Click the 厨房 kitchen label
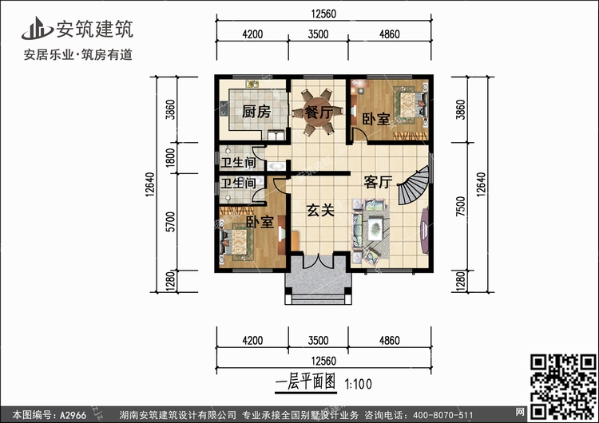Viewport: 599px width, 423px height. (255, 112)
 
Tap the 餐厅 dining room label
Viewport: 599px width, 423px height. (318, 113)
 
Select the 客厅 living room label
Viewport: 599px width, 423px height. (378, 181)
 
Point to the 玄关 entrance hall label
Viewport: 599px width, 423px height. (319, 211)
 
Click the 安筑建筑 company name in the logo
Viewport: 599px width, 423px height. (93, 29)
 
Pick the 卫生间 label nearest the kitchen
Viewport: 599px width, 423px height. (238, 163)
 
